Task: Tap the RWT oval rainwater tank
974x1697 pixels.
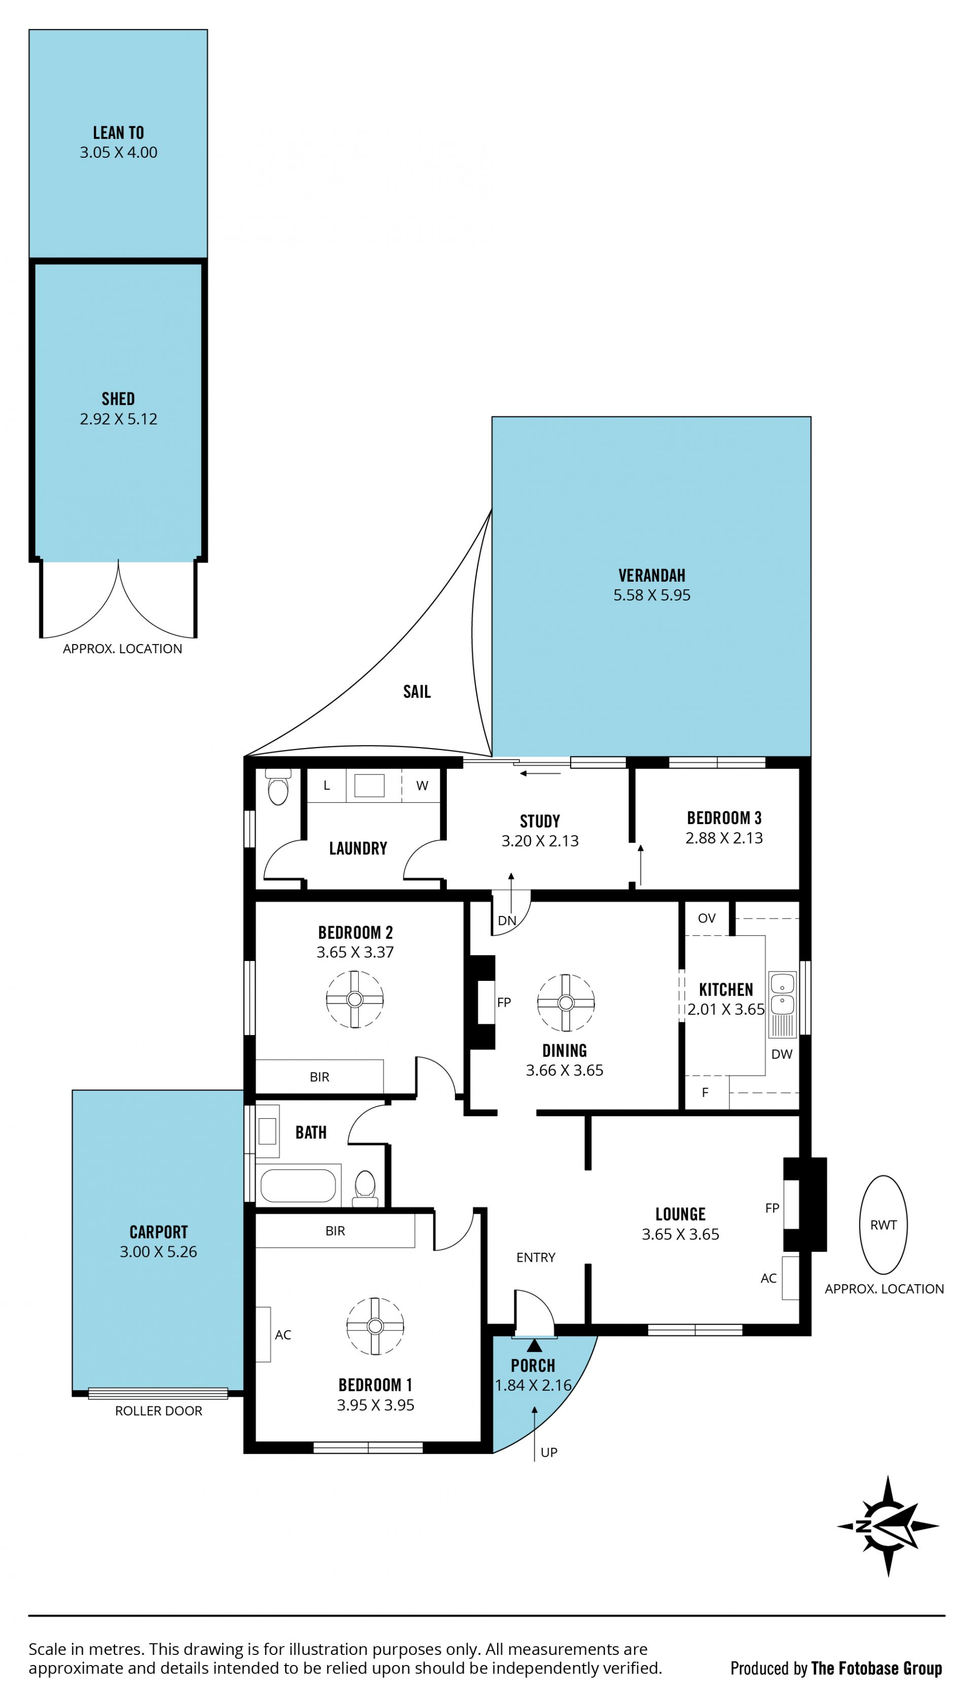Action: pos(883,1225)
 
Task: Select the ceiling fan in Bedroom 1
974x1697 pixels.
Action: pos(374,1327)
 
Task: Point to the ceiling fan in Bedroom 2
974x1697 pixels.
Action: pos(355,1000)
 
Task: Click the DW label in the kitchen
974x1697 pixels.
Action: pos(781,1054)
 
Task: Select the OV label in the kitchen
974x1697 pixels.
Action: pos(707,918)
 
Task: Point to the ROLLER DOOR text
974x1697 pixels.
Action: pos(159,1411)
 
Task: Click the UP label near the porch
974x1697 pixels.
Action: pos(548,1452)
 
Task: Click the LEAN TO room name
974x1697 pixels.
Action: pos(118,133)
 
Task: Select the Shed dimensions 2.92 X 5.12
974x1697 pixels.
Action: pos(118,419)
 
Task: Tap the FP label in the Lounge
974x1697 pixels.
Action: pos(772,1208)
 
